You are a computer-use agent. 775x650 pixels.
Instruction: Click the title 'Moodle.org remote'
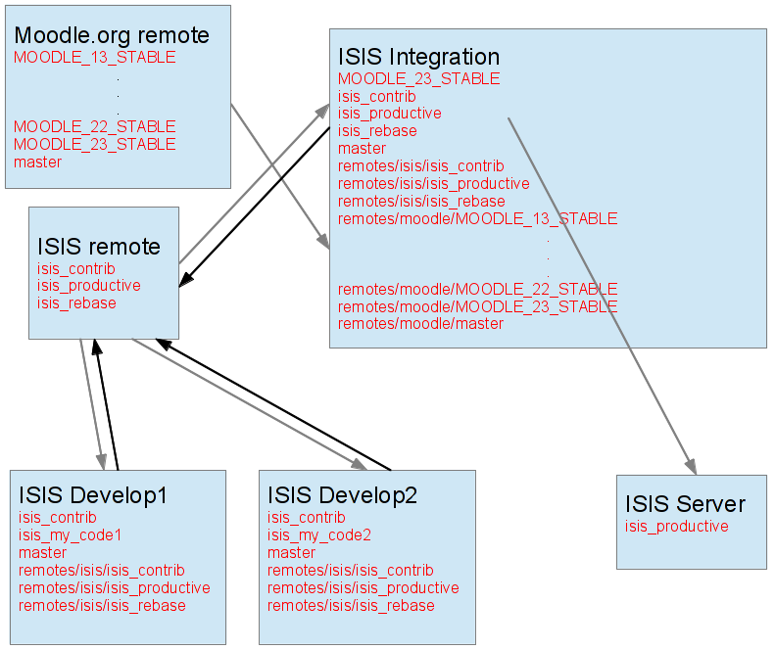click(112, 36)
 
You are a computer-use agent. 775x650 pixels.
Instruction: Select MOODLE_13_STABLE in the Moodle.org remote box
click(95, 58)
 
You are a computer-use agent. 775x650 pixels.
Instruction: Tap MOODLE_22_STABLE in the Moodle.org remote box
click(95, 127)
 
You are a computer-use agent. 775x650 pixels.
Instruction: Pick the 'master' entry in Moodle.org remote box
click(38, 162)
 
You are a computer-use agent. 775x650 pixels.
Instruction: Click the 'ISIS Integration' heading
click(418, 57)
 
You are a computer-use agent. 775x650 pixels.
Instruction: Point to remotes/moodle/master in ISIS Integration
click(420, 324)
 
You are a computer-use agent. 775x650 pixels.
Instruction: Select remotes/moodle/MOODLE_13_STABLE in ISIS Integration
click(477, 219)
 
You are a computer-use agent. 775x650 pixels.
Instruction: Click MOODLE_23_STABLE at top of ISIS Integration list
click(418, 78)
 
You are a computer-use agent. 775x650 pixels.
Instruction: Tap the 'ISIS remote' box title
click(98, 247)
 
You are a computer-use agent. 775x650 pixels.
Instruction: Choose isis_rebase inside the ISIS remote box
click(76, 303)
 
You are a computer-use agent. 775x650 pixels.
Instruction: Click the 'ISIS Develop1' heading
click(92, 496)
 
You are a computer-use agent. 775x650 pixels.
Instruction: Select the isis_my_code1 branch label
click(70, 535)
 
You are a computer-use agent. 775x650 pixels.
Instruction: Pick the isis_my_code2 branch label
click(319, 535)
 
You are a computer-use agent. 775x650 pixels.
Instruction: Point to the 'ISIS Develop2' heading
click(342, 496)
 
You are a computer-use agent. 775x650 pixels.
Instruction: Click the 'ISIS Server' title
click(685, 505)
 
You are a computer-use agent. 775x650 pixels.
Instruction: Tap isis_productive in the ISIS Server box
click(676, 527)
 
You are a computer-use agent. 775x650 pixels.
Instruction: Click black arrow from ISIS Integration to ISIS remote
click(255, 206)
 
